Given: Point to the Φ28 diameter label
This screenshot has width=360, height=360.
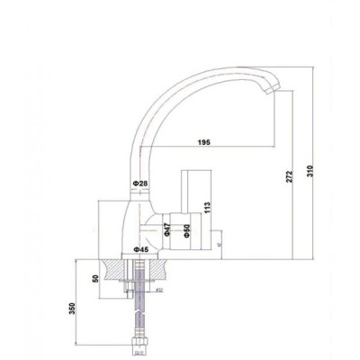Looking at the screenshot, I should pyautogui.click(x=139, y=184).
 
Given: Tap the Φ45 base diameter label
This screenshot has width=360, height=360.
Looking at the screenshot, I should pyautogui.click(x=140, y=249).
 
